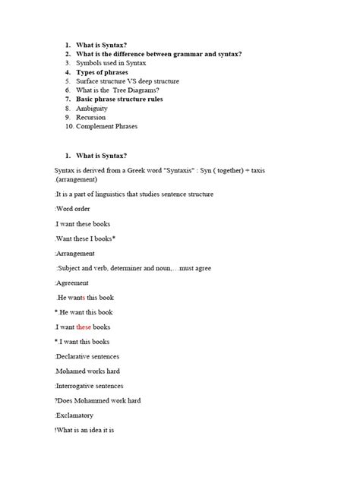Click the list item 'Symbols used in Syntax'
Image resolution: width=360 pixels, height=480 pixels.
click(x=112, y=63)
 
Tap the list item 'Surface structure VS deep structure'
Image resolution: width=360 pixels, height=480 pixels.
click(x=132, y=81)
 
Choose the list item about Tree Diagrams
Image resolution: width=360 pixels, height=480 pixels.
click(x=122, y=90)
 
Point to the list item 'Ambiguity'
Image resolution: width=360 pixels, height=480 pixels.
click(x=92, y=108)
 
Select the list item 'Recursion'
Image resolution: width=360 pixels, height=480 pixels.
click(x=92, y=117)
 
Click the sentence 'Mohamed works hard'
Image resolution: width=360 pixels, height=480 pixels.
click(x=87, y=371)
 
